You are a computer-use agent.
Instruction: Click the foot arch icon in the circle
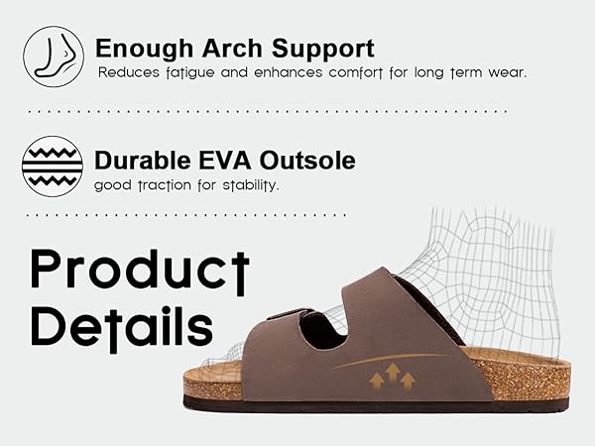point(53,54)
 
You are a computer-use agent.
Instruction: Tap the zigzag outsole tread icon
point(53,166)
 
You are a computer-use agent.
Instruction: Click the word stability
point(249,185)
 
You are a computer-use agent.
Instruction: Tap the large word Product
point(139,269)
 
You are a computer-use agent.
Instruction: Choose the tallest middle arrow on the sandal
point(392,374)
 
